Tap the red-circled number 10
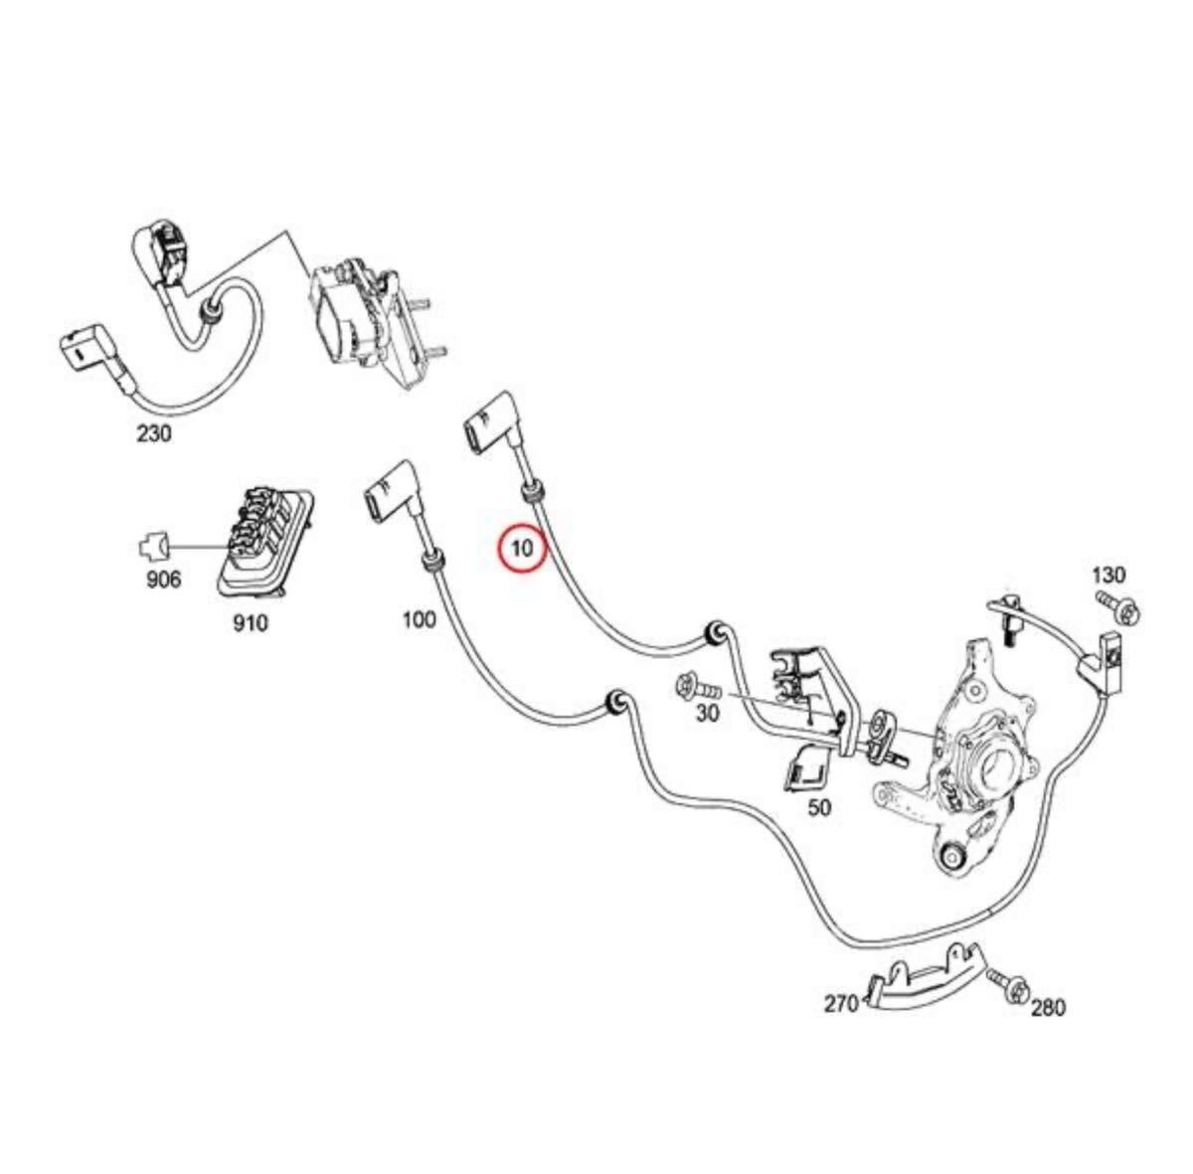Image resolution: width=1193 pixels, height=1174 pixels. click(x=523, y=548)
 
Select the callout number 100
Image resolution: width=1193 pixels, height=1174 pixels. click(x=419, y=620)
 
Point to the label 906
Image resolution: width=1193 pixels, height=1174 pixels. click(x=162, y=579)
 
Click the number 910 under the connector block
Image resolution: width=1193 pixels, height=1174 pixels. click(x=250, y=624)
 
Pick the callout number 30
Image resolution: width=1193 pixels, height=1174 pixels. click(x=706, y=715)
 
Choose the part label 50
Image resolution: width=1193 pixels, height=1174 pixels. click(x=818, y=807)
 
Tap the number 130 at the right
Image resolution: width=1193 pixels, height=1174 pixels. click(x=1108, y=575)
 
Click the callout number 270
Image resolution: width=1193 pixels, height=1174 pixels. click(x=841, y=1004)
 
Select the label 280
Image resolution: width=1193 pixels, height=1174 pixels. click(x=1047, y=1007)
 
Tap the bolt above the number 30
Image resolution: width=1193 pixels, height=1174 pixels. click(x=692, y=685)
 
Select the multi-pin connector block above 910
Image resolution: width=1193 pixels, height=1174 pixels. click(x=263, y=538)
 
